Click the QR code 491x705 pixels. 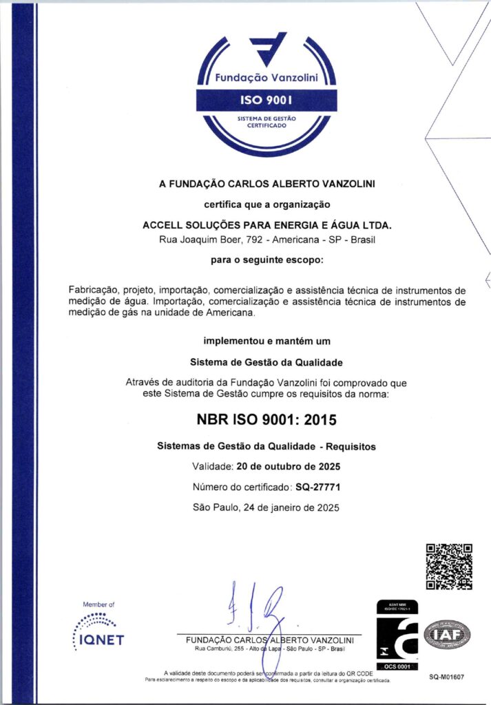449,567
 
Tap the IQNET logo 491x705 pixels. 98,631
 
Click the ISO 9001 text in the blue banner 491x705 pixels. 267,101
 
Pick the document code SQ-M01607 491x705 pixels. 446,677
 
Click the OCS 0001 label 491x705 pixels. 397,666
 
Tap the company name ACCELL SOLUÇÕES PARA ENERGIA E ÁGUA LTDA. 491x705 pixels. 267,225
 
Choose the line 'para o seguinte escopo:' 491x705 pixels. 267,260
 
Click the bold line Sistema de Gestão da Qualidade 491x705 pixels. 267,362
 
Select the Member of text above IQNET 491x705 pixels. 98,604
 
